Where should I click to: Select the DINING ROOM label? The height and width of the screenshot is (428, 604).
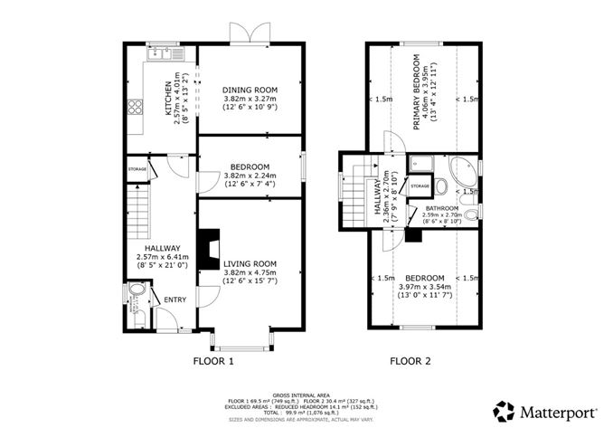pyautogui.click(x=250, y=90)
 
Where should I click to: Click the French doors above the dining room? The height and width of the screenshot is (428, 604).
pyautogui.click(x=249, y=35)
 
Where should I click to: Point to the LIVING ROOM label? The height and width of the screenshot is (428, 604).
pyautogui.click(x=250, y=262)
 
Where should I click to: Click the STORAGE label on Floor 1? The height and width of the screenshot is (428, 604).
pyautogui.click(x=137, y=170)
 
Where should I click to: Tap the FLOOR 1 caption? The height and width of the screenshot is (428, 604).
pyautogui.click(x=213, y=362)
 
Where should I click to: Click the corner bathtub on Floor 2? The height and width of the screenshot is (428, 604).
pyautogui.click(x=467, y=172)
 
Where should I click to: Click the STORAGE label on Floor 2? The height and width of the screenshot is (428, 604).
pyautogui.click(x=420, y=185)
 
